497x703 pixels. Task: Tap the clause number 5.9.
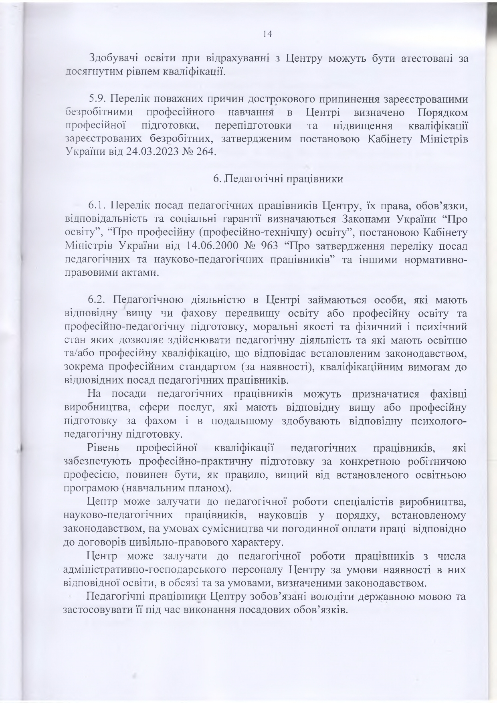click(98, 98)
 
